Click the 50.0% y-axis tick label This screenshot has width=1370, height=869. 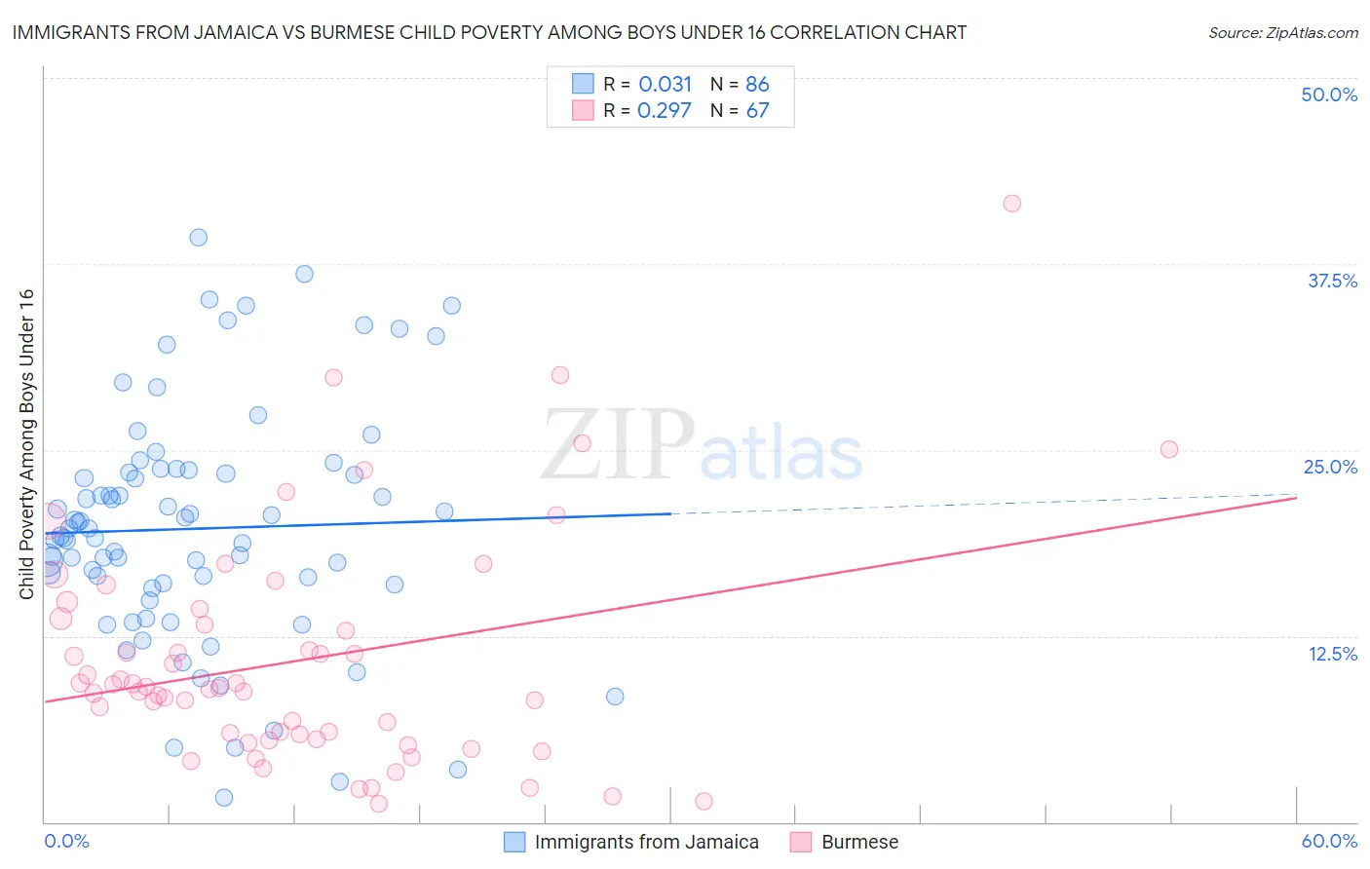click(1329, 94)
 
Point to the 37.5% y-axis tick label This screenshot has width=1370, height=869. click(1332, 281)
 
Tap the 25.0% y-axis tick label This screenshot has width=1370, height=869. click(1330, 467)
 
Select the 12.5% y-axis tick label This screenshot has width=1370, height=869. click(1332, 654)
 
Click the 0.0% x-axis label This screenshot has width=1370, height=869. click(66, 841)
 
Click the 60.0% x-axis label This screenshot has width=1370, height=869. click(1329, 841)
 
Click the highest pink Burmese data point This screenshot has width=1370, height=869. click(1011, 204)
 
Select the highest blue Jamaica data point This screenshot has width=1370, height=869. click(198, 238)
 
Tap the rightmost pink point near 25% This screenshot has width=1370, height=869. click(1169, 449)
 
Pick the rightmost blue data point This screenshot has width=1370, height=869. click(615, 697)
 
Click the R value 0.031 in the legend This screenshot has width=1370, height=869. click(665, 85)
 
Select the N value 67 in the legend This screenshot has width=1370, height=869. click(757, 111)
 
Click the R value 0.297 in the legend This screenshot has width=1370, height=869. click(664, 111)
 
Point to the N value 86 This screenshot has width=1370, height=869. click(757, 85)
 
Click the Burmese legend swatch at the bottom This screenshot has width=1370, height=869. click(801, 842)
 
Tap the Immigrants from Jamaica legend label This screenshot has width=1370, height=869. click(646, 842)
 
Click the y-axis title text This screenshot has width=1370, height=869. click(26, 444)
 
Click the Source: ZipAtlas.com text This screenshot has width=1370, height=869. click(1282, 33)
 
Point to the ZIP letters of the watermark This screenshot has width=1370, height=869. click(618, 445)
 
